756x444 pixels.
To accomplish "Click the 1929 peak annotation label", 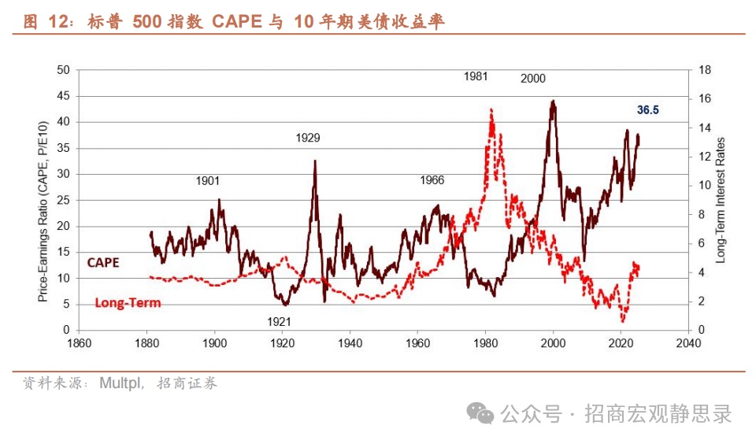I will (308, 138).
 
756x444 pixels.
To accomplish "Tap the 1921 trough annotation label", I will (279, 321).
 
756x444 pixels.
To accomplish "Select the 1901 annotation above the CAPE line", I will (208, 181).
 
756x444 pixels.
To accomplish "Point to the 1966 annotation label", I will (432, 180).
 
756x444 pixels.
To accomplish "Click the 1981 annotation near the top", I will (476, 76).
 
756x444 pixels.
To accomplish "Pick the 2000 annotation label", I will (533, 78).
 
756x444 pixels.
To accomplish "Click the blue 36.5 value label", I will (647, 110).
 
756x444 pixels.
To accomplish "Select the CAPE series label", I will (102, 263).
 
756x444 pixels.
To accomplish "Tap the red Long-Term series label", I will (128, 302).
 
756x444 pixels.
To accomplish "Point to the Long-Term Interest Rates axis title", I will (721, 200).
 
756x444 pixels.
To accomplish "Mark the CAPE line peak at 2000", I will (554, 101).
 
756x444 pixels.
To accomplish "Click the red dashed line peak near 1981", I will (491, 109).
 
